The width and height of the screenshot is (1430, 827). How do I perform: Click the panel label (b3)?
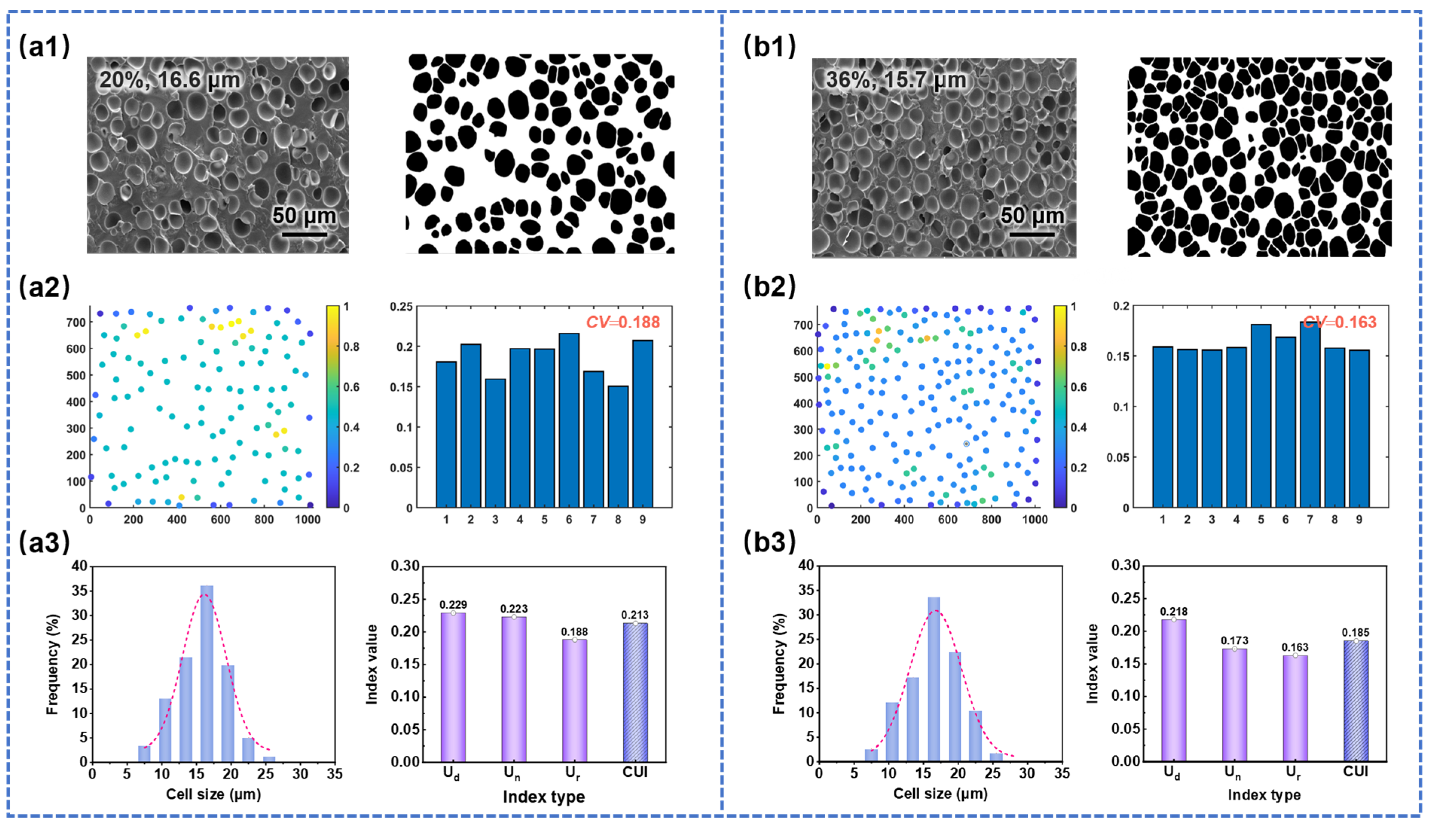coord(769,543)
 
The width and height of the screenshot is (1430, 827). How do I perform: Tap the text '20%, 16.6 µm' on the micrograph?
coord(170,80)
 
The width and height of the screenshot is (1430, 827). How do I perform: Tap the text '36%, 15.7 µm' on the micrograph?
coord(896,79)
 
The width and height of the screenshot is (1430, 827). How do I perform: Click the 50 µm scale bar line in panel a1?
coord(304,234)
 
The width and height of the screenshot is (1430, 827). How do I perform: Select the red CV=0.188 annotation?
coord(623,323)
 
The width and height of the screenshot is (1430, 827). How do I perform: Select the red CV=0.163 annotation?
coord(1339,323)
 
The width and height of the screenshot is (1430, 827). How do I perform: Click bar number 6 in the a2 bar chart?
coord(569,420)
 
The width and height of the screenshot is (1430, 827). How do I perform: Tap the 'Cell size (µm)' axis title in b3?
coord(940,793)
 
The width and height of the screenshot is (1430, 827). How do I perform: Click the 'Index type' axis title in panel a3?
coord(543,796)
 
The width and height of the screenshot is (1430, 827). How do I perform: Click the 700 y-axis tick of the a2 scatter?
coord(76,323)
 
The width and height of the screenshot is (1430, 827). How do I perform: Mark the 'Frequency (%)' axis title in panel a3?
coord(52,664)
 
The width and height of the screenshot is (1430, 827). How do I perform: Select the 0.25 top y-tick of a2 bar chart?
coord(401,307)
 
